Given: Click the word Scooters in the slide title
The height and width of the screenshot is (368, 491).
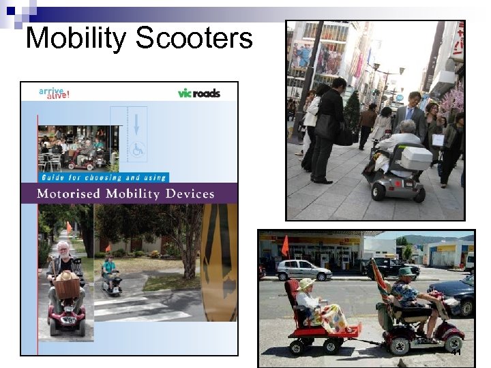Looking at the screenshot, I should point(194,38).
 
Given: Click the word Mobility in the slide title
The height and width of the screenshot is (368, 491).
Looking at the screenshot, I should point(76,38).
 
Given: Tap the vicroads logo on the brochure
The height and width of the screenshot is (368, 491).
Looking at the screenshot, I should point(198,93).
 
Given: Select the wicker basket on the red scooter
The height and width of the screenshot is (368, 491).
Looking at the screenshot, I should point(68,287).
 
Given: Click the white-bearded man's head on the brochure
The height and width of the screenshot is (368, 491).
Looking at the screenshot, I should point(64,249).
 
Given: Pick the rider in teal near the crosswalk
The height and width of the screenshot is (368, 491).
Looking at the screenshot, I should point(109,269).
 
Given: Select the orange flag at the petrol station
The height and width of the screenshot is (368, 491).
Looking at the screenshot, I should point(285,245).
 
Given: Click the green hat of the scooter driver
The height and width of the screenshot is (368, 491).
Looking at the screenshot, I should point(406,271).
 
